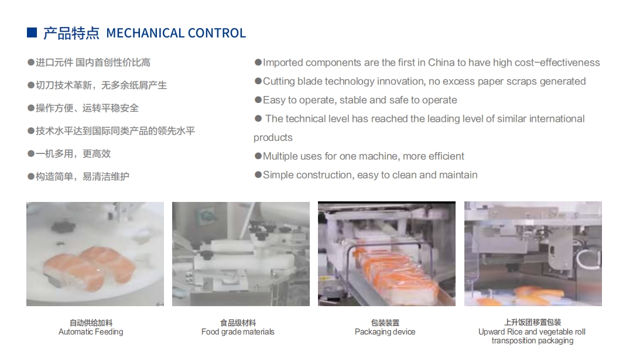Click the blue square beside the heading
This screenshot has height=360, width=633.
(32, 33)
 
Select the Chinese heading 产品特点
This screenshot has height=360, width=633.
(71, 33)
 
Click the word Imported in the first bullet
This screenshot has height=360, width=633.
(283, 63)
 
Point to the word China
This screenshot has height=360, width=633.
(442, 63)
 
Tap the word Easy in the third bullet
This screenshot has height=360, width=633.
(273, 100)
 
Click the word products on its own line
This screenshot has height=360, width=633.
(273, 138)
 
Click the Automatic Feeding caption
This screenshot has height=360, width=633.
(91, 332)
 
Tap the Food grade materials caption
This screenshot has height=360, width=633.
(238, 332)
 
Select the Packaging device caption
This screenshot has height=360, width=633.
(385, 332)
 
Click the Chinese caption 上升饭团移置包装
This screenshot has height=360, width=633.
(532, 322)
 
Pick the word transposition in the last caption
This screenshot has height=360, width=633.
(511, 341)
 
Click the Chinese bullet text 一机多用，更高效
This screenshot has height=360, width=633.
(73, 154)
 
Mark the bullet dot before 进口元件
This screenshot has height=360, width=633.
(30, 63)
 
